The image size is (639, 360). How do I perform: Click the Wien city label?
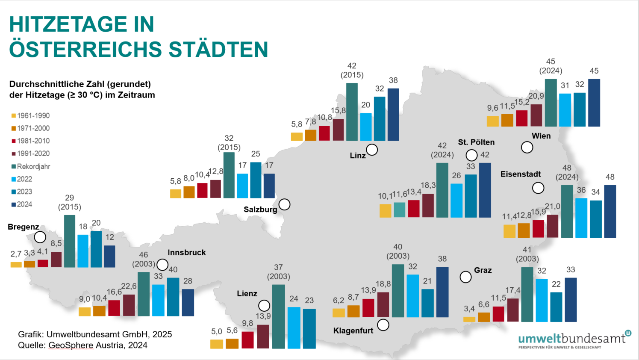pos(541,136)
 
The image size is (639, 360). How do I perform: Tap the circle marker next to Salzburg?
pos(284,204)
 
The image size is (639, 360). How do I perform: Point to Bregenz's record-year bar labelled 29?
pos(70,241)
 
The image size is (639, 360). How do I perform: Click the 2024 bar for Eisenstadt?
pos(610,211)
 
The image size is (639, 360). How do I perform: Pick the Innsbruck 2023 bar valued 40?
pos(173,297)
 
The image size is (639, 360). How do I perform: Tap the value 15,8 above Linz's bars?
pos(338,111)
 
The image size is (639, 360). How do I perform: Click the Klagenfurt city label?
pos(353,330)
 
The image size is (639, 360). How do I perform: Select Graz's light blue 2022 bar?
pos(542,300)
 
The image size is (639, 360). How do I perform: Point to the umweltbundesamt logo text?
pos(572,338)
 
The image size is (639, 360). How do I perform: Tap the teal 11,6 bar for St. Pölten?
pos(399,210)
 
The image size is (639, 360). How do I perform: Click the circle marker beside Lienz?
pos(264,305)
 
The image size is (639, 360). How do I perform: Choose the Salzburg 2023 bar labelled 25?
pos(256,180)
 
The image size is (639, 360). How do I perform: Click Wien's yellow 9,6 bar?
pos(493,121)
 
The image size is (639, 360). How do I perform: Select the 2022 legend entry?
pos(25,179)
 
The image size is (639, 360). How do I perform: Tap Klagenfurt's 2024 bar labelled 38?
pos(442,292)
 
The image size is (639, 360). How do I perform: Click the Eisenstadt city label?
pos(521,174)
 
